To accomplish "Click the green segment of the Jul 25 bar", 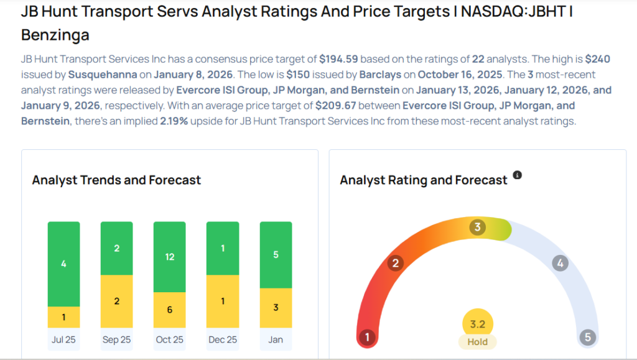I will (63, 264).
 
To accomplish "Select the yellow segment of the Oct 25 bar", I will (169, 310).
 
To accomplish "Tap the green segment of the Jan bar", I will (275, 254).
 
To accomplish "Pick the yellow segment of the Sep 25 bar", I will (116, 301).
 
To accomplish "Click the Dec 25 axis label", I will (222, 339).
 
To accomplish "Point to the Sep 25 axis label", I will (116, 339).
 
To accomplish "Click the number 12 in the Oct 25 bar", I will (169, 256).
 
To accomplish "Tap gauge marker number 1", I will (368, 338).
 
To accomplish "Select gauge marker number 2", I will (394, 263).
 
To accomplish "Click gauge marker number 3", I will (478, 227).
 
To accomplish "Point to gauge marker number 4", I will (560, 263).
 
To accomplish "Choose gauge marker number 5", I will (587, 338).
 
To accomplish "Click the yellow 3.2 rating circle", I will (478, 323).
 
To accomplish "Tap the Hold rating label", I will (478, 341).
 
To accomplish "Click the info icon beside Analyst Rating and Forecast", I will (517, 175).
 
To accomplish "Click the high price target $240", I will (597, 60).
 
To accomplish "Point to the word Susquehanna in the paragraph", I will (97, 75).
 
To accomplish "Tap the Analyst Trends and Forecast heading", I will (116, 180).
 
